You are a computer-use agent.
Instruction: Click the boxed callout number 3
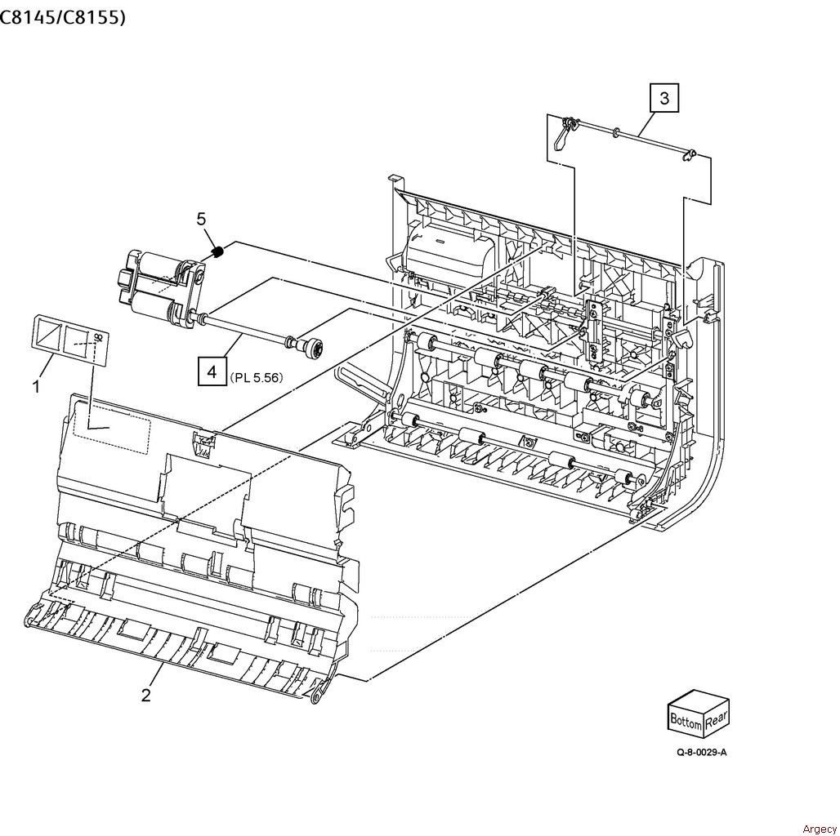point(664,98)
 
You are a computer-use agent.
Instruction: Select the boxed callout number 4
point(212,371)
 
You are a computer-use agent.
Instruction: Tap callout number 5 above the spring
point(202,219)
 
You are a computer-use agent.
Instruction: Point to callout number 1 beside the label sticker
point(37,386)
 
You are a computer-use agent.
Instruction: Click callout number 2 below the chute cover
point(146,696)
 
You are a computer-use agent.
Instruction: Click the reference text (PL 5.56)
point(256,378)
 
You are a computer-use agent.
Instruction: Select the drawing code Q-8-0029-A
point(702,752)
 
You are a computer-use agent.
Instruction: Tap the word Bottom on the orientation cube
point(686,721)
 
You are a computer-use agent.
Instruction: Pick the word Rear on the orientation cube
point(717,720)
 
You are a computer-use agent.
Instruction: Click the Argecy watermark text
point(819,829)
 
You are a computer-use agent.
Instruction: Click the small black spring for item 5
point(217,251)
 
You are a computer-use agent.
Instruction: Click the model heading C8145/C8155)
point(63,17)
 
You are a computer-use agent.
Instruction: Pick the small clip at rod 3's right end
point(690,155)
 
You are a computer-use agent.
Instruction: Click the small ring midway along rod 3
point(617,132)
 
